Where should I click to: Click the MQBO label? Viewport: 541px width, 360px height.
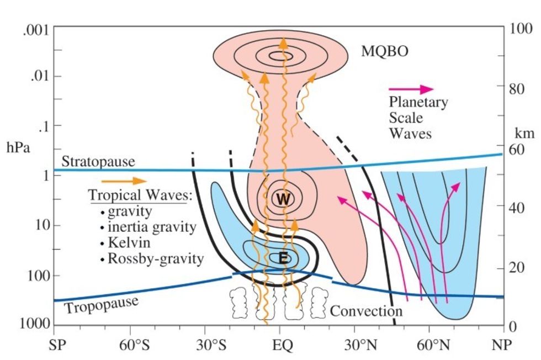(x=385, y=51)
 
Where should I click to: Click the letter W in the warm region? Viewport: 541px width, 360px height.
(x=283, y=199)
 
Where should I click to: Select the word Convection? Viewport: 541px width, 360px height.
(x=366, y=311)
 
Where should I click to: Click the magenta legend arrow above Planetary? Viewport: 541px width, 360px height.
(x=411, y=89)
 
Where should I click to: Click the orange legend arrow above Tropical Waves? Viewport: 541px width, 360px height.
(x=124, y=181)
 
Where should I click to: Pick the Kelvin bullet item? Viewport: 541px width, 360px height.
(x=130, y=242)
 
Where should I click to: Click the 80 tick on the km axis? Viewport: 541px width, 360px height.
(x=517, y=88)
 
